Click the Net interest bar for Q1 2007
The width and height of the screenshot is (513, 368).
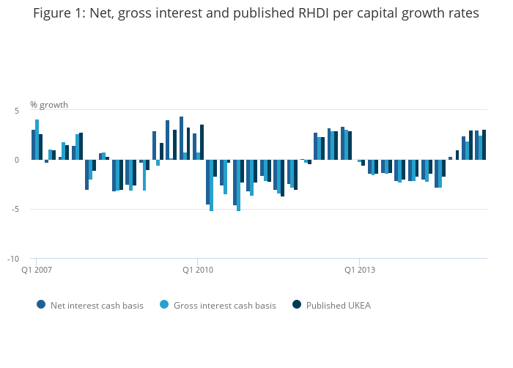coord(33,144)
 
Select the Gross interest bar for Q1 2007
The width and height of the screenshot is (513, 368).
coord(37,139)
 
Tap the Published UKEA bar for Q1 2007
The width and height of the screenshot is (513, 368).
coord(41,147)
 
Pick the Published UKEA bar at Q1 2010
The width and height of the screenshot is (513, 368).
coord(202,142)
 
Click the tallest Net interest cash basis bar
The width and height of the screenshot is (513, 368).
coord(181,138)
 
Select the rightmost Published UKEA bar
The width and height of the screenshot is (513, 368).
coord(484,144)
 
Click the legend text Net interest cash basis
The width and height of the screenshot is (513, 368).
coord(97,305)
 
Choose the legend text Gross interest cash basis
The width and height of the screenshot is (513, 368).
coord(224,305)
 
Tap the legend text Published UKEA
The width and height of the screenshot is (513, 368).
coord(338,305)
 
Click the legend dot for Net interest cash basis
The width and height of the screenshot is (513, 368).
coord(41,304)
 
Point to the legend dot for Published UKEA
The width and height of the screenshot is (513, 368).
coord(297,304)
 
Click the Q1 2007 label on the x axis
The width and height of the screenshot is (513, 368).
coord(36,270)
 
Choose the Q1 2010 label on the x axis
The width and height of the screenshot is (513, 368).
coord(197,270)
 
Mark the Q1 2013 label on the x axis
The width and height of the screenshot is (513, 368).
coord(359,270)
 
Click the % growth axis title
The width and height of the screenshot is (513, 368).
coord(49,105)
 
